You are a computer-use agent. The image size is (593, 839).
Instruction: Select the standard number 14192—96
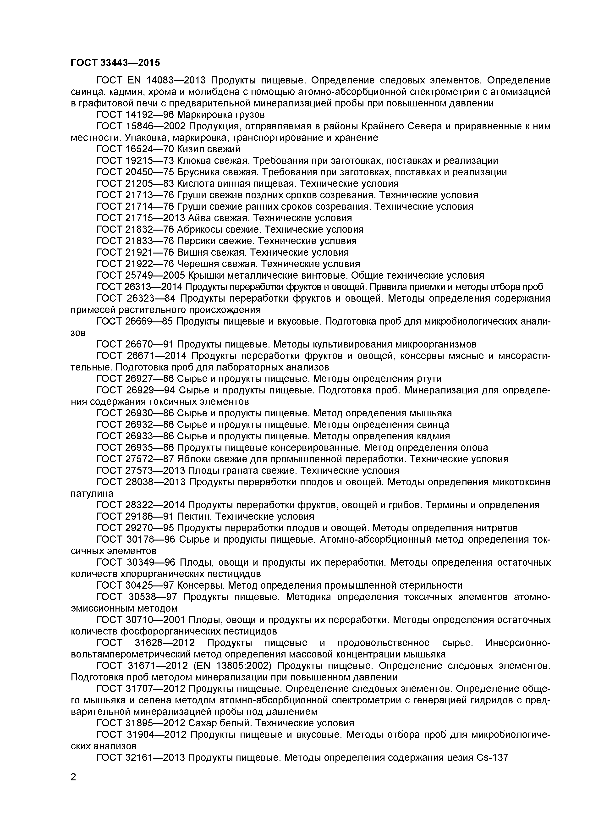(149, 115)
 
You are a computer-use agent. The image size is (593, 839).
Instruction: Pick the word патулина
(92, 494)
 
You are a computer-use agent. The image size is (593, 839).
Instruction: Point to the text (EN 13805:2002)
(236, 665)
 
